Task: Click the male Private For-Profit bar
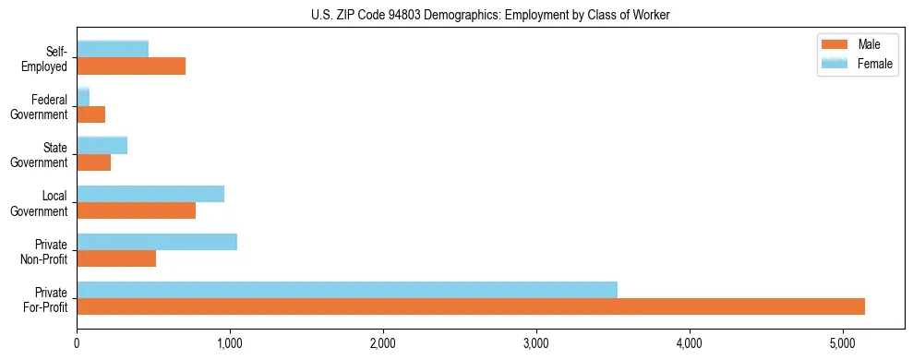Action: [471, 306]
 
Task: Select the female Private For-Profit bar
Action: [347, 290]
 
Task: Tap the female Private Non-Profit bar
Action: [157, 242]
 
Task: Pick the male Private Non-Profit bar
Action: [116, 258]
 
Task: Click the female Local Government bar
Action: [150, 194]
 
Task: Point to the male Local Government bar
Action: [136, 210]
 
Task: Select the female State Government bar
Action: [102, 146]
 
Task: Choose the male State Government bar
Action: [93, 162]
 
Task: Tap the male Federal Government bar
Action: [90, 114]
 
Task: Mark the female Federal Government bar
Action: [83, 98]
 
